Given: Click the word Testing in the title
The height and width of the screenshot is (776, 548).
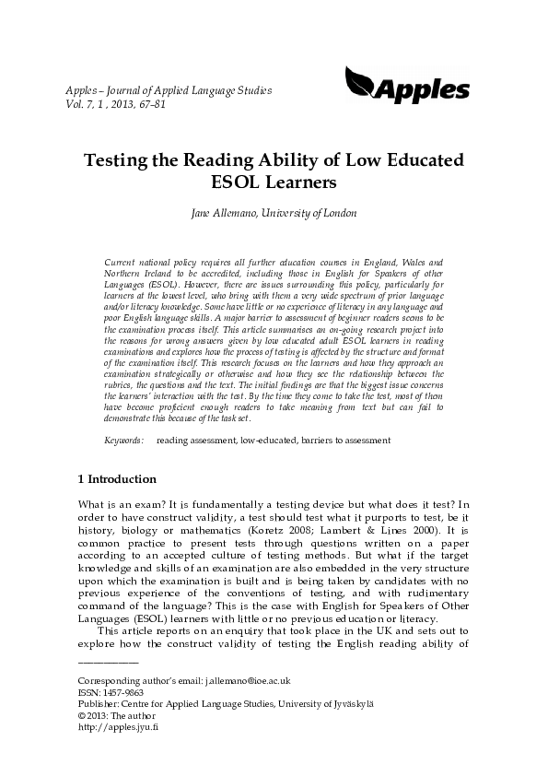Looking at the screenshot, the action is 144,159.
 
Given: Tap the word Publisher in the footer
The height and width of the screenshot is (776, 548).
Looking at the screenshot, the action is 97,728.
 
